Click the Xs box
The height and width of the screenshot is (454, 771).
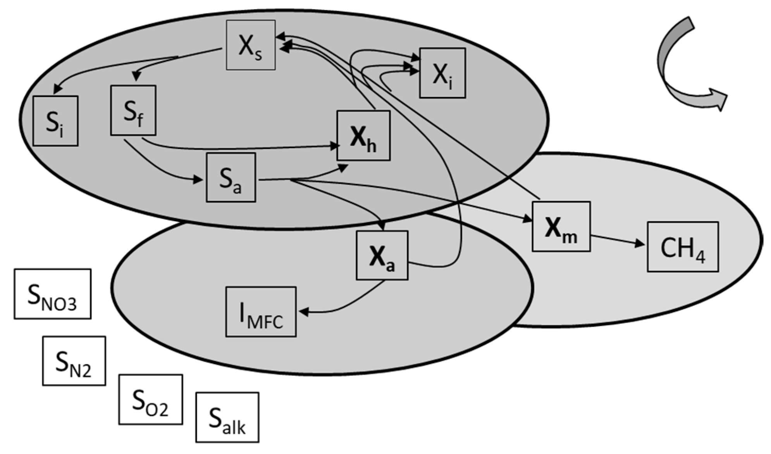251,45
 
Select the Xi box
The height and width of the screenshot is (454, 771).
442,73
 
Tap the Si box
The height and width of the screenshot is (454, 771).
55,121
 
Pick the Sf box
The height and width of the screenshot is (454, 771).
133,111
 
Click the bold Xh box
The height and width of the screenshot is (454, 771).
363,135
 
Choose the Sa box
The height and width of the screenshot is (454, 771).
231,177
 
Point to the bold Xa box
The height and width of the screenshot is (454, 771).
382,255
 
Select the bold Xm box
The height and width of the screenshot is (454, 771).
561,227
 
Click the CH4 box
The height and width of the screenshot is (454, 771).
683,247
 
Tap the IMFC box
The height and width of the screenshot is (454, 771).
261,312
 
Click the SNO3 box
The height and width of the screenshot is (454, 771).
53,294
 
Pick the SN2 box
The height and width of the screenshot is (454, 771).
74,361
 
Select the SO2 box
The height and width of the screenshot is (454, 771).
150,400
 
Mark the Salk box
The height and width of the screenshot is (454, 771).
227,418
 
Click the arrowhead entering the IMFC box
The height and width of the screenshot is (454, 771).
303,312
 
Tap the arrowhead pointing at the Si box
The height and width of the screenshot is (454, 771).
57,89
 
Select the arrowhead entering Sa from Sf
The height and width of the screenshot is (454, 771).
198,179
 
